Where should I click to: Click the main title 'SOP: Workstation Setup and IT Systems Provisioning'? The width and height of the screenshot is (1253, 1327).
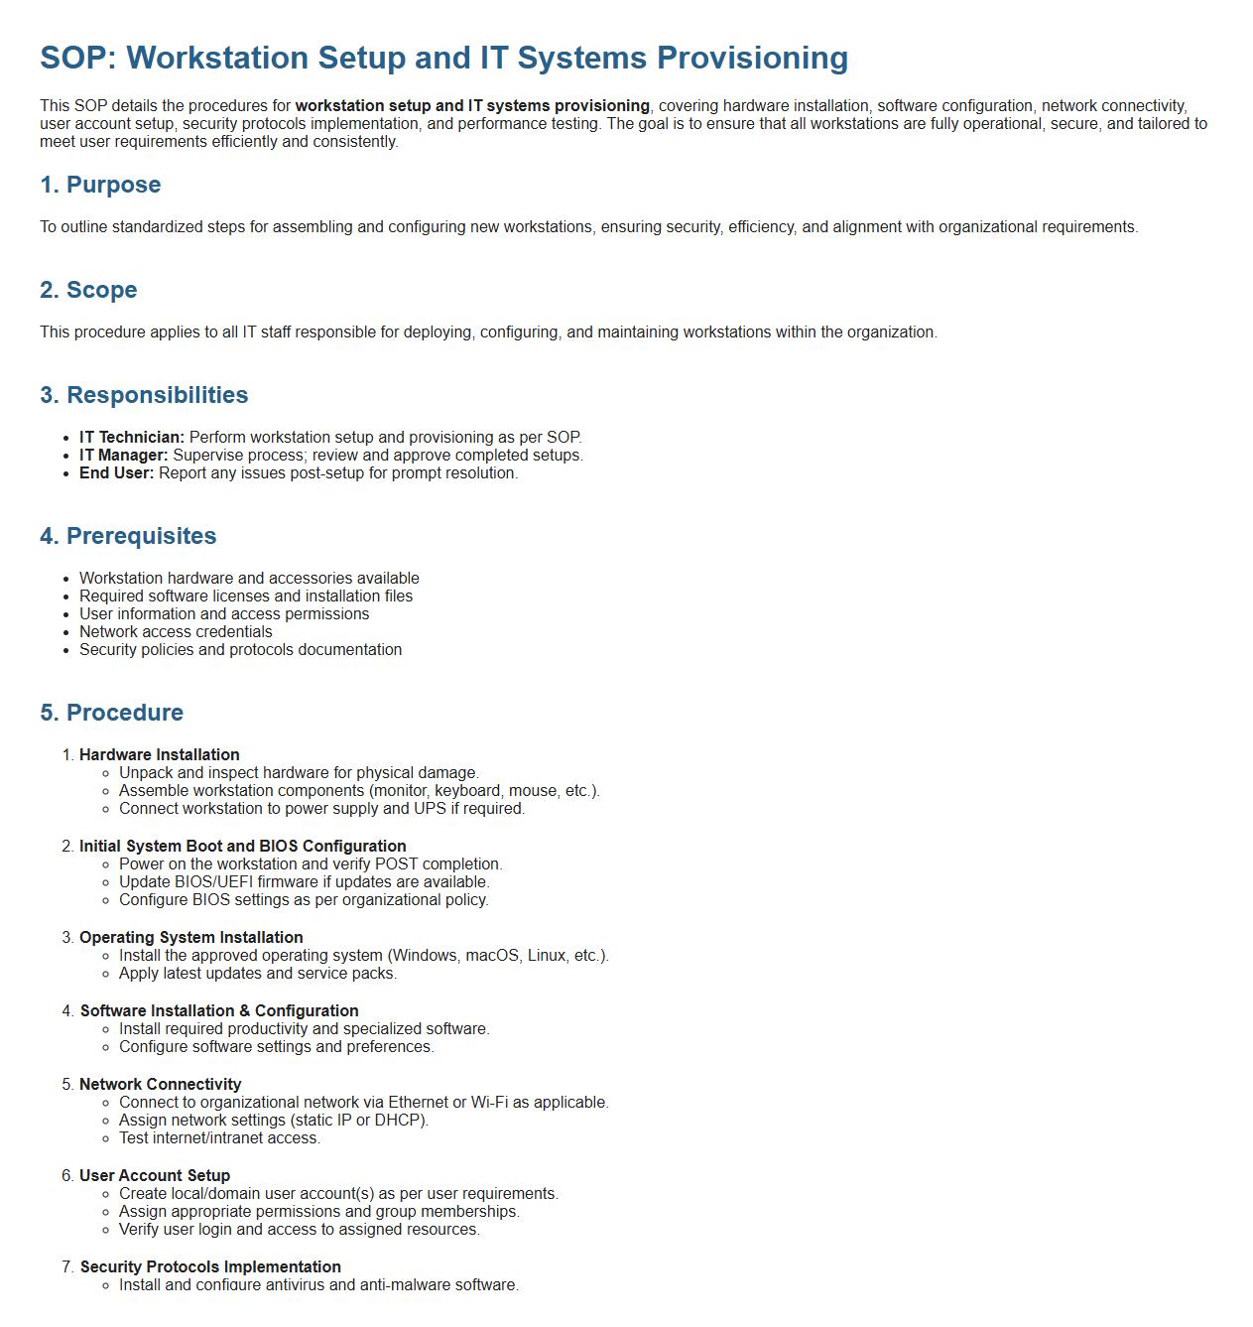tap(443, 58)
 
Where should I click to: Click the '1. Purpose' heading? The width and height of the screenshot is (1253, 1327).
tap(100, 185)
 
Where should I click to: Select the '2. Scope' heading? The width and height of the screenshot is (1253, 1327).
tap(88, 290)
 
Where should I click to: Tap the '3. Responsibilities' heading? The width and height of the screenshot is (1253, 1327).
tap(144, 395)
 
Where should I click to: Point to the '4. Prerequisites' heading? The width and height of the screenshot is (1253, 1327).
tap(128, 536)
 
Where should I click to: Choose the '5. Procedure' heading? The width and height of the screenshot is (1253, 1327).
tap(111, 713)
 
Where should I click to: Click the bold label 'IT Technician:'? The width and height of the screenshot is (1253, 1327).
tap(132, 438)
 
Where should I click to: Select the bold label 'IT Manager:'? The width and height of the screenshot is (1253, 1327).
tap(124, 456)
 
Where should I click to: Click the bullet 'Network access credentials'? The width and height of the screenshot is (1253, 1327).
tap(176, 632)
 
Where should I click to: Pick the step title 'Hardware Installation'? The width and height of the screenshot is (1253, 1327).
tap(160, 755)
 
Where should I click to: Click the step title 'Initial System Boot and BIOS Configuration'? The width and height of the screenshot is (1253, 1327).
tap(243, 847)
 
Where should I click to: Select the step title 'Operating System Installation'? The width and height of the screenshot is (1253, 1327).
tap(191, 938)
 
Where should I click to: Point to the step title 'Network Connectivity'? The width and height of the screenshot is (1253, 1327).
tap(161, 1085)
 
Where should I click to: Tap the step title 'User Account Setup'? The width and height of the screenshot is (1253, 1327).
tap(155, 1176)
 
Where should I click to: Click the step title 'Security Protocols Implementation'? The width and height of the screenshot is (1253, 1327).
tap(210, 1267)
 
